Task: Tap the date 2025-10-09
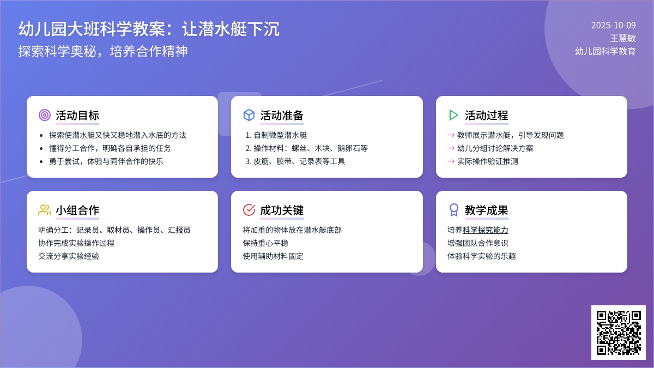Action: pos(613,25)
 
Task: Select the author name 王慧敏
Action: pos(622,38)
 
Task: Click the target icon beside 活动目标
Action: pos(45,115)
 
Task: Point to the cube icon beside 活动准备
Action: pos(249,115)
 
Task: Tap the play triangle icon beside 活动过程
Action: pos(453,115)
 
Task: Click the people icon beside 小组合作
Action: pos(45,210)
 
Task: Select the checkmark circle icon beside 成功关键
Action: pos(249,210)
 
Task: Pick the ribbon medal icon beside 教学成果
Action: pos(453,210)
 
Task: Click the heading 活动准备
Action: pos(282,116)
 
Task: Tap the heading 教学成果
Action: pos(486,210)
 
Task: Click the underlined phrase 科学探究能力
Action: pos(485,230)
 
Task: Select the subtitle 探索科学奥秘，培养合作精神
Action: pos(103,51)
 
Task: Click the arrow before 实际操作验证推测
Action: pos(451,161)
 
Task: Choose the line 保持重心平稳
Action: pos(265,243)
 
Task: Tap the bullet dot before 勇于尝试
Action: pos(41,161)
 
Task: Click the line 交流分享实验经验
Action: pos(69,256)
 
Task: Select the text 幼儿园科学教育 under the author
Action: pos(605,51)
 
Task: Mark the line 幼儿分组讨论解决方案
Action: pos(495,148)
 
